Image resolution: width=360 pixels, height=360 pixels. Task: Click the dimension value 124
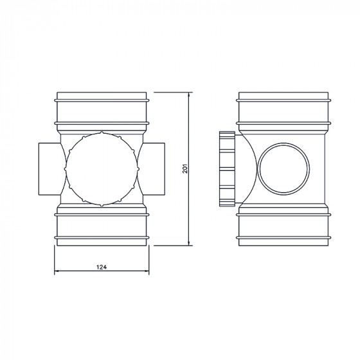(102, 267)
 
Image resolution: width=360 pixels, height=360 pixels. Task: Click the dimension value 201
(185, 168)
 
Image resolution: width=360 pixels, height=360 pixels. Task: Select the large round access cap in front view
(102, 169)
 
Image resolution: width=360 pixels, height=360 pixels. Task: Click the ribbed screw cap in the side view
(227, 169)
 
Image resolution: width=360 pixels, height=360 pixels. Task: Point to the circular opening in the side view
(283, 168)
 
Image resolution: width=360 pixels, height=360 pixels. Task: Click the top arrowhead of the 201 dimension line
(189, 95)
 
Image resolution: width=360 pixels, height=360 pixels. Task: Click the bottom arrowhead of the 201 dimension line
(189, 243)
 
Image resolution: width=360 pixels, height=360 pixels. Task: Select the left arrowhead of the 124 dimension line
(57, 271)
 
